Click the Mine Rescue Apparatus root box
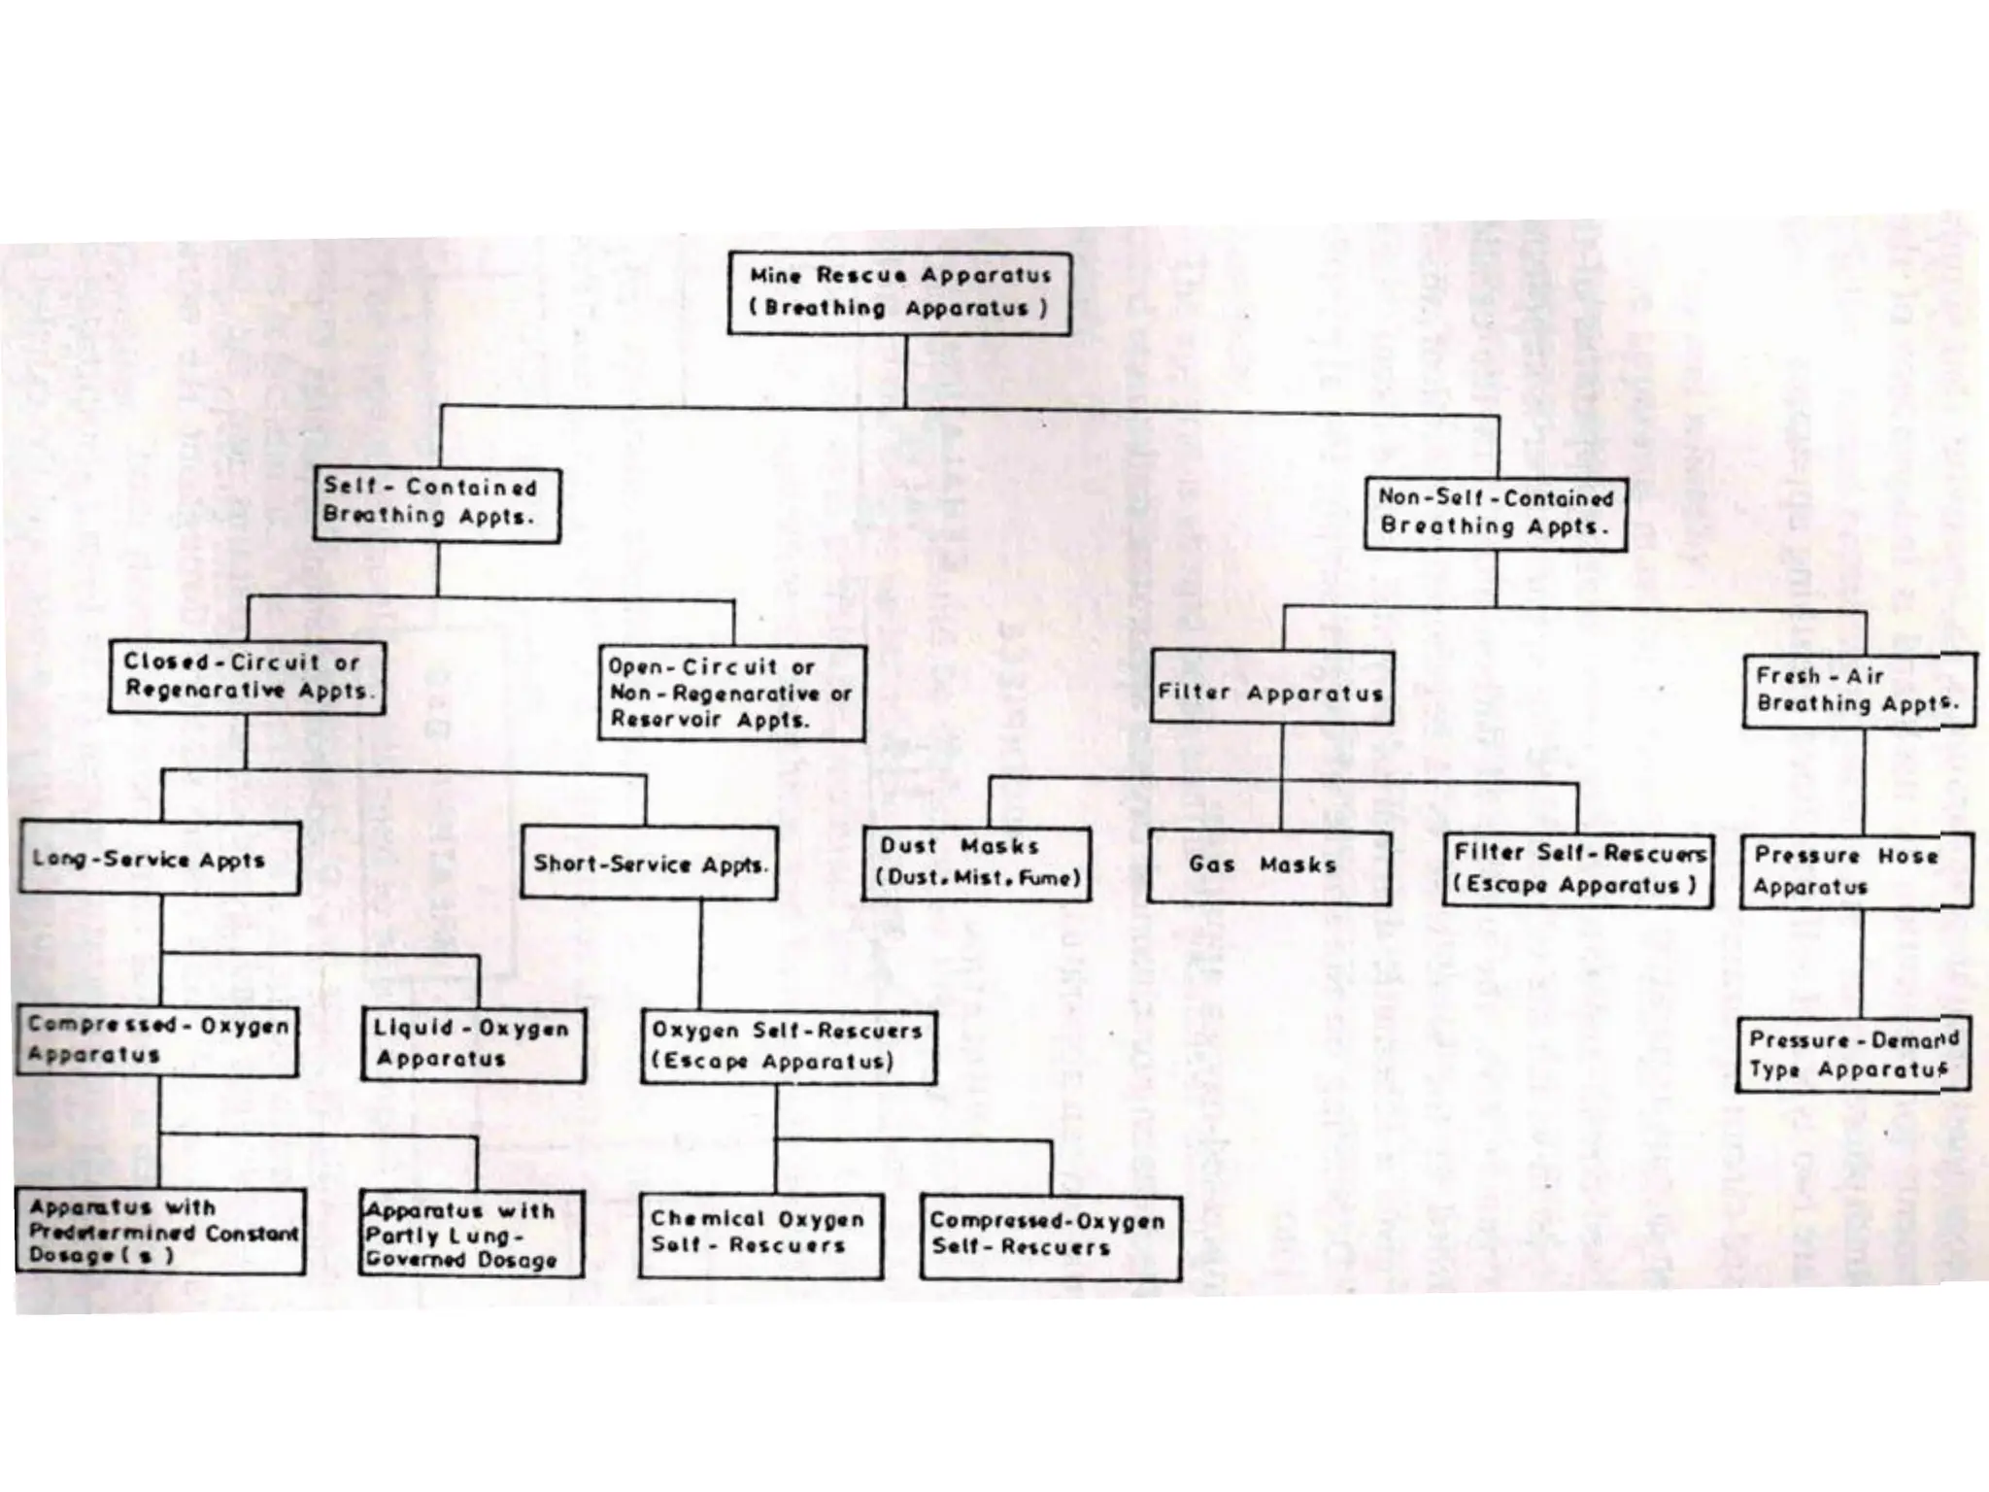pos(899,293)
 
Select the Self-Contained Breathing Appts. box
pos(436,503)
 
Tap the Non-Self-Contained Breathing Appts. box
pos(1495,514)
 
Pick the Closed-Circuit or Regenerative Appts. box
pos(247,677)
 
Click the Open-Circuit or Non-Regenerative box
pos(730,694)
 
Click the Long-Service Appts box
pos(159,859)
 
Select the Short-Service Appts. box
pos(649,864)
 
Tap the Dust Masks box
pos(976,864)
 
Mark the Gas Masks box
pos(1267,866)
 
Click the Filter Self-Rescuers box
pos(1577,869)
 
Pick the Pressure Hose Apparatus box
pos(1855,871)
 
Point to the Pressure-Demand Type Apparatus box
pos(1852,1055)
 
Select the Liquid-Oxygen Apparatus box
pos(473,1044)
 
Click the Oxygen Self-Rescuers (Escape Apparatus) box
pos(788,1047)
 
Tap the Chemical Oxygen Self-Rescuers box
pos(760,1234)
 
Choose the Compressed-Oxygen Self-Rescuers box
pos(1049,1236)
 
